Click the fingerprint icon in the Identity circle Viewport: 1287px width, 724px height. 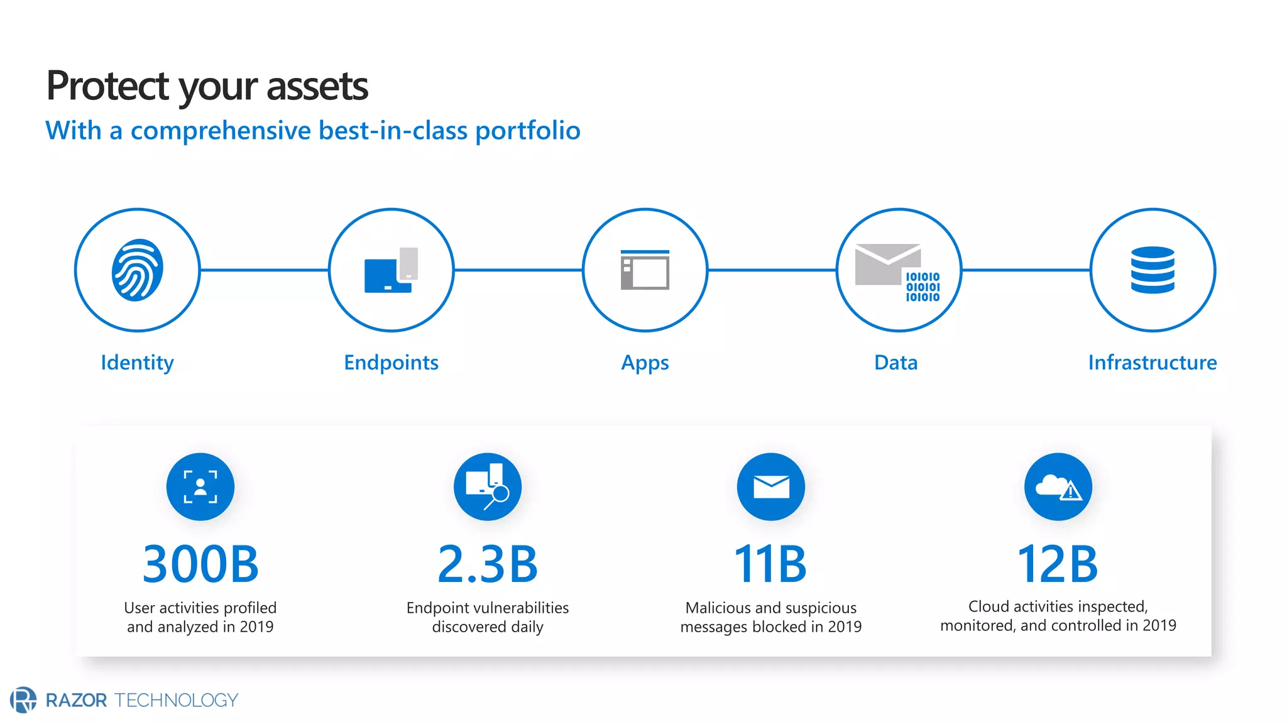pos(137,270)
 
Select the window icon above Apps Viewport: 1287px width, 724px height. pos(645,270)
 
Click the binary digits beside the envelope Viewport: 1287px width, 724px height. pos(922,287)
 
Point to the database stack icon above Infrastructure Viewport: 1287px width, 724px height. pos(1153,270)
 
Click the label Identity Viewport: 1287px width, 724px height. pos(137,363)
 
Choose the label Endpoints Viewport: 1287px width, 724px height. pos(391,363)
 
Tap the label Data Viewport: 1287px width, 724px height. pos(895,363)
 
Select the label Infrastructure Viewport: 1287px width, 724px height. pos(1152,363)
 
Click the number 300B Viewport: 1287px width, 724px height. pos(200,564)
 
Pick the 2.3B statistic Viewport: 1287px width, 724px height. pos(488,564)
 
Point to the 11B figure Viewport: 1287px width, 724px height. pos(770,564)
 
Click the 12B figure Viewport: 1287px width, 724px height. pos(1058,564)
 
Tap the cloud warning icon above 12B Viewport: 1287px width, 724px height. pos(1058,487)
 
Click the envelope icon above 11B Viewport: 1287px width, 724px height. pos(771,487)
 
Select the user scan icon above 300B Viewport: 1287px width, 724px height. pos(200,487)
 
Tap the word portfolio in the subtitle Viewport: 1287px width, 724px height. pos(527,131)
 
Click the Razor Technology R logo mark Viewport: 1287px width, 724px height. pos(23,699)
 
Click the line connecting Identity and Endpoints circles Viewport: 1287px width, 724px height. pos(264,270)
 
